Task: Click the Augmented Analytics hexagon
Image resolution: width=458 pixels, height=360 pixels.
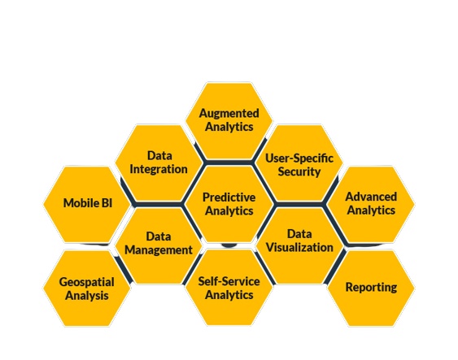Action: tap(229, 121)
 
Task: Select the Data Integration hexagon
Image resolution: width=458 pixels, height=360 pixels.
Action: tap(159, 163)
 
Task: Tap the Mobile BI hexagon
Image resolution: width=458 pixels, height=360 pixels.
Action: tap(87, 204)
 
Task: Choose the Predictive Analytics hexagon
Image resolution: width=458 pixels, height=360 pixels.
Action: tap(229, 204)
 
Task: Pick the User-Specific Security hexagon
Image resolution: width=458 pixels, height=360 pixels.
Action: tap(299, 163)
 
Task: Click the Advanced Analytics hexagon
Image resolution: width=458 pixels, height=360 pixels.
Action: tap(371, 204)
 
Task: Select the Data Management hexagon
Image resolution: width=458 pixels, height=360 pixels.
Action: tap(159, 245)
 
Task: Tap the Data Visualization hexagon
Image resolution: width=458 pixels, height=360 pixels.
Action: tap(299, 245)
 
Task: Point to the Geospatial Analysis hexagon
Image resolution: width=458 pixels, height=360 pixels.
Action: tap(87, 288)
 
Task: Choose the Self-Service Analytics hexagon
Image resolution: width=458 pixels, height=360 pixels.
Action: tap(229, 288)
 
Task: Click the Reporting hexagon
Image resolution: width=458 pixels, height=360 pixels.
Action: tap(371, 288)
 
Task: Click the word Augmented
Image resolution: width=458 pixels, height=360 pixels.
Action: tap(229, 114)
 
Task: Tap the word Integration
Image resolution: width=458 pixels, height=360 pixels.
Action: tap(159, 170)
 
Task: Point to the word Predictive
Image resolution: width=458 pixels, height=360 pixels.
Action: tap(229, 197)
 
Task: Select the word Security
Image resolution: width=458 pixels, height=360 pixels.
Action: tap(299, 171)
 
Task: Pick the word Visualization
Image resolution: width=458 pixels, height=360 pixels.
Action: tap(299, 247)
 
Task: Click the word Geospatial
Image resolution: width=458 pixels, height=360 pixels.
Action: tap(87, 283)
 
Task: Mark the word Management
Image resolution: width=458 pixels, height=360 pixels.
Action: tap(159, 250)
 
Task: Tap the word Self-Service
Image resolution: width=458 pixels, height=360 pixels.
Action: tap(229, 281)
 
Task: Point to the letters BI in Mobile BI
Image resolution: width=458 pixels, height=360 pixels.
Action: tap(107, 203)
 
